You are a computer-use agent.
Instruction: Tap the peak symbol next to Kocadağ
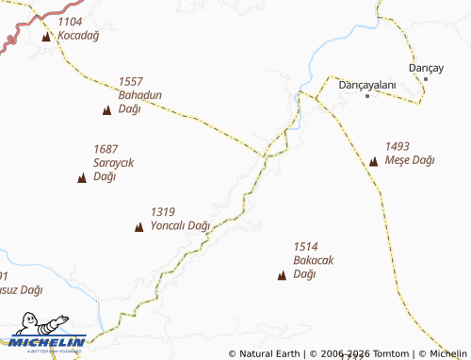47,38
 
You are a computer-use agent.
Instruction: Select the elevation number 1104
70,21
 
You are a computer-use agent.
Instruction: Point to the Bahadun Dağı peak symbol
106,111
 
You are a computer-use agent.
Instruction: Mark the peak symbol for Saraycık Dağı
82,177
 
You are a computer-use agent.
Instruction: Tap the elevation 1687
106,149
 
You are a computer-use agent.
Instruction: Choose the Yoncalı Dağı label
179,226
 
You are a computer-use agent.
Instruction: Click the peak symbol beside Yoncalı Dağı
139,227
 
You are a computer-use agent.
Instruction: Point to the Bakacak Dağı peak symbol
281,275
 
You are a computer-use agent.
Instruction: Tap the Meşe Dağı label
410,160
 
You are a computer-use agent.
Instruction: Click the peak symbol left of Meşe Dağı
373,162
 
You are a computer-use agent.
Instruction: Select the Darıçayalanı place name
366,84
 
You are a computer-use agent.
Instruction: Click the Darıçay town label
425,67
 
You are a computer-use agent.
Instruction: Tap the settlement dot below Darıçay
425,78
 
